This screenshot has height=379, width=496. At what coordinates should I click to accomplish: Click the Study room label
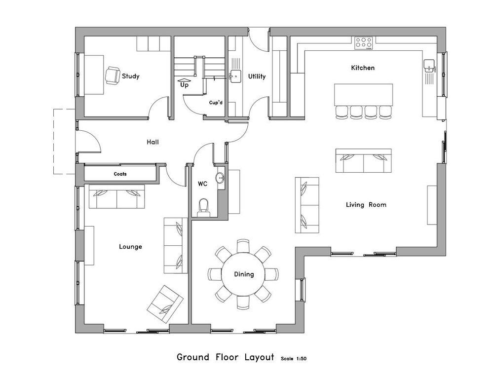[x=131, y=76]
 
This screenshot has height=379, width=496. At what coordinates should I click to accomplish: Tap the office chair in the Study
[x=112, y=76]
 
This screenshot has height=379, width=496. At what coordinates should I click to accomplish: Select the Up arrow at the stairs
[x=184, y=80]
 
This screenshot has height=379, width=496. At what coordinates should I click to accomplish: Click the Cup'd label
[x=216, y=103]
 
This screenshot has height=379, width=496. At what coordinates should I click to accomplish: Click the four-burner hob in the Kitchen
[x=363, y=43]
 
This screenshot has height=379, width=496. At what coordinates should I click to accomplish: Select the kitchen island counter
[x=363, y=95]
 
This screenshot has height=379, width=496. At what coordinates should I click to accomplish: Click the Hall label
[x=153, y=142]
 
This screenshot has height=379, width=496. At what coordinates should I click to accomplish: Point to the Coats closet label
[x=120, y=174]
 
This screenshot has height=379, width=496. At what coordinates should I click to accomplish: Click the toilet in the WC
[x=204, y=208]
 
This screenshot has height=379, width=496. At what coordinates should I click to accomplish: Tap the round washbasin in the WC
[x=220, y=179]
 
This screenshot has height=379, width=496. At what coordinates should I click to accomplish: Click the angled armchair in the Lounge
[x=165, y=304]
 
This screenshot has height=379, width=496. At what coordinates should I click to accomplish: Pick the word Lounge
[x=130, y=246]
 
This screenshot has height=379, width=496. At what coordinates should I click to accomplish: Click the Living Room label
[x=366, y=205]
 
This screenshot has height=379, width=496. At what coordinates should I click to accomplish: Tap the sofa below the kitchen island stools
[x=363, y=161]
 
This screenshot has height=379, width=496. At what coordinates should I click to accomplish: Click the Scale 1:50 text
[x=294, y=359]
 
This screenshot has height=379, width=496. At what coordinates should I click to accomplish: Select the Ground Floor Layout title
[x=225, y=357]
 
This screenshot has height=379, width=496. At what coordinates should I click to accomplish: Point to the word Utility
[x=257, y=76]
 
